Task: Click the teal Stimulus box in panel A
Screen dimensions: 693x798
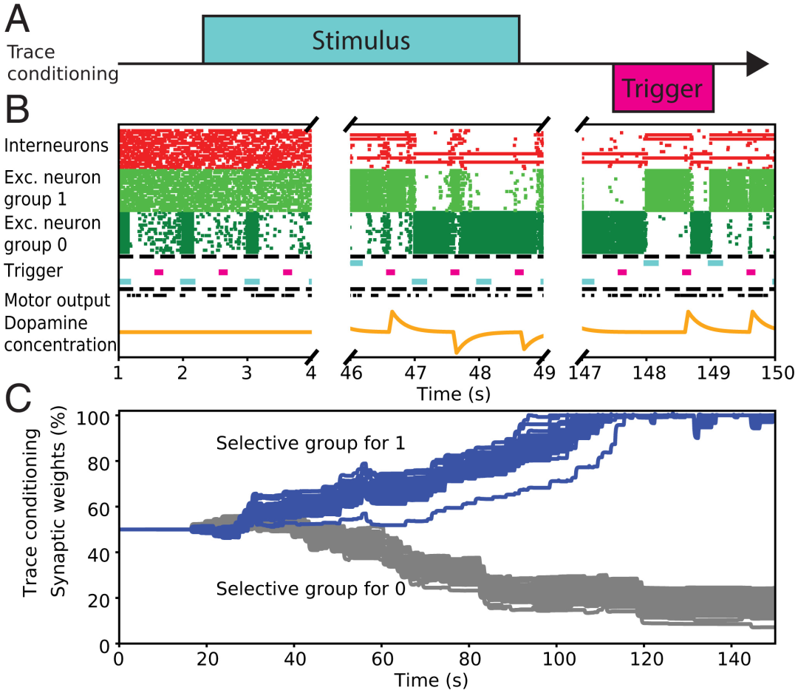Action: point(361,40)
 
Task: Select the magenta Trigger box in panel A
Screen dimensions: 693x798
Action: point(662,88)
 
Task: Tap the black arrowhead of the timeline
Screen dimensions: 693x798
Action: point(757,64)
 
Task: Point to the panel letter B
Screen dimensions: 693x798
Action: point(17,111)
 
